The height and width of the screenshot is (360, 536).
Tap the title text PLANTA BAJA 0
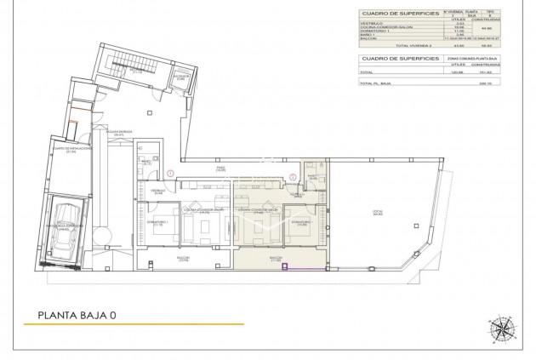pos(77,315)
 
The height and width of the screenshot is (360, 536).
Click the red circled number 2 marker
pos(292,177)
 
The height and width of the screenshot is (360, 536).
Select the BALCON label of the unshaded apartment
pos(181,259)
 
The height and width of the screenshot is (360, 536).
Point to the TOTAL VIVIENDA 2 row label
pos(406,44)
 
